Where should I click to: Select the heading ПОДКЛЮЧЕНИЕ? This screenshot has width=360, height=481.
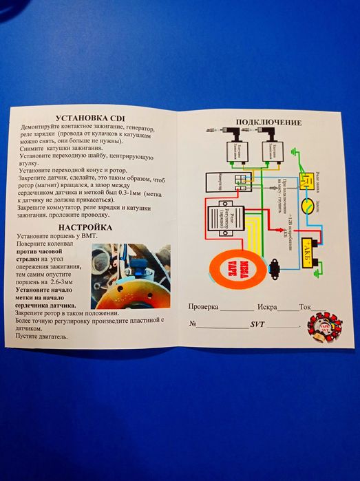pyautogui.click(x=268, y=122)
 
